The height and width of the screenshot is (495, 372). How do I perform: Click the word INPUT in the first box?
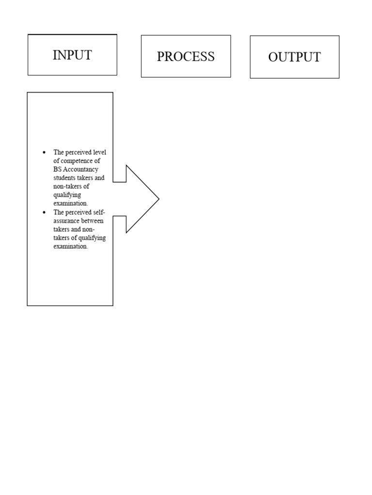click(72, 55)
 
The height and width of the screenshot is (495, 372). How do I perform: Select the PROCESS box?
click(186, 57)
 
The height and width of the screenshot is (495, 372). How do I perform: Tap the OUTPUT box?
click(294, 57)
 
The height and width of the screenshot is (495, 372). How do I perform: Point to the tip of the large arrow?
click(158, 199)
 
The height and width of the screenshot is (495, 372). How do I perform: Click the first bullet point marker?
click(44, 152)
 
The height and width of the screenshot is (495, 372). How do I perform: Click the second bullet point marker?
click(44, 212)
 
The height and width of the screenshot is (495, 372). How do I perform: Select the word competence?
click(75, 160)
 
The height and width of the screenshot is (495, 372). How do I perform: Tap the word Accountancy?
click(81, 169)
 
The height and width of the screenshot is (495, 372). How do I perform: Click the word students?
click(65, 177)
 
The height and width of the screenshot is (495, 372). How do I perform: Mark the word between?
click(93, 221)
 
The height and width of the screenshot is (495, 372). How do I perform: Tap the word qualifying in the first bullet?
click(67, 195)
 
